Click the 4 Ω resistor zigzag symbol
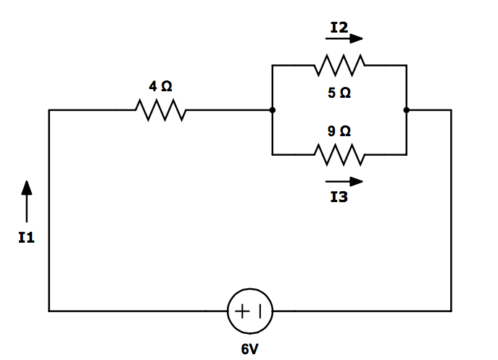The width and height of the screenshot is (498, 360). [160, 110]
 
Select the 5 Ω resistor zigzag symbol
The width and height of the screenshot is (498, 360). [339, 66]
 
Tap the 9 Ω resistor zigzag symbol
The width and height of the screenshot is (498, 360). [339, 154]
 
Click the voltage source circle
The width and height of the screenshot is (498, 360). [250, 311]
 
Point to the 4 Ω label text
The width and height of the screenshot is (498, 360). [160, 86]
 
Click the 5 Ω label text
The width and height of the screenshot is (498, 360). [339, 93]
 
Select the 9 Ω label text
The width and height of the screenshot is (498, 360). [339, 131]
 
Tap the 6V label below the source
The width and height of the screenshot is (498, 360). [250, 348]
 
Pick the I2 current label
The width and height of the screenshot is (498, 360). [339, 28]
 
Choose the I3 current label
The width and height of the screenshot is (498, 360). [339, 197]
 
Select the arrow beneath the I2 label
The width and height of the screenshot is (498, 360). [344, 40]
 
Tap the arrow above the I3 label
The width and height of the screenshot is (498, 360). [344, 181]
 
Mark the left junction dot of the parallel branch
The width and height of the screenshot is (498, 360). [272, 110]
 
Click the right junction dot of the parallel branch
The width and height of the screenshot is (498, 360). [407, 110]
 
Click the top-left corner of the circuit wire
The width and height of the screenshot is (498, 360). [49, 110]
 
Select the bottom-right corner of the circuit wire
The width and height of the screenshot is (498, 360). [451, 311]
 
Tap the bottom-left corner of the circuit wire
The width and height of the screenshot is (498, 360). [49, 311]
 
